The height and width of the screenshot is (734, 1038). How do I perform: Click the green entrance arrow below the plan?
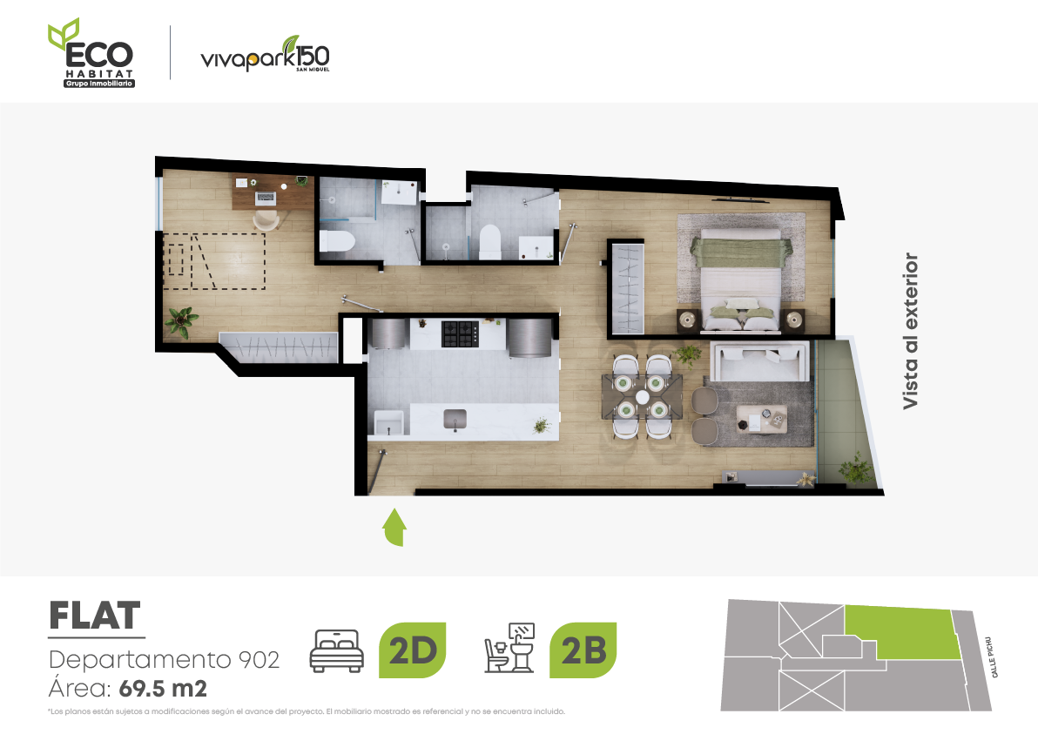(x=394, y=528)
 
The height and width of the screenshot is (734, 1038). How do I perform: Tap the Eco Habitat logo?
(x=91, y=53)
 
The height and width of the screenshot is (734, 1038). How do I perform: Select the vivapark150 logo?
(x=265, y=54)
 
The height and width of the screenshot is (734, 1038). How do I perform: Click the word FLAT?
(x=95, y=616)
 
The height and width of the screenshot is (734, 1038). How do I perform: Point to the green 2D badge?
(x=413, y=650)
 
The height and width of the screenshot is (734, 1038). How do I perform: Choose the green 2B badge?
(x=583, y=650)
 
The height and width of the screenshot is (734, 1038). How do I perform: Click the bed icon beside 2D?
(x=337, y=650)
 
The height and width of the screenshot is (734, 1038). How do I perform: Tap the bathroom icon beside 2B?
(x=509, y=648)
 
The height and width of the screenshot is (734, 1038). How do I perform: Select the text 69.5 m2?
(x=163, y=689)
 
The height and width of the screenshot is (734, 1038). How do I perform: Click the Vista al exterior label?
(x=911, y=330)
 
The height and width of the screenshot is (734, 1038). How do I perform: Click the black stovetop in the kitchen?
(x=460, y=333)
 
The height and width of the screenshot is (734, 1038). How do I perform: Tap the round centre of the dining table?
(x=642, y=397)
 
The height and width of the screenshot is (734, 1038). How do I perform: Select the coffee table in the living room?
(x=762, y=419)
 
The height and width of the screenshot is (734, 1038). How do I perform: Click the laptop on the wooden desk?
(x=266, y=197)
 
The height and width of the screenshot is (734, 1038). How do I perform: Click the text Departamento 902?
(x=165, y=660)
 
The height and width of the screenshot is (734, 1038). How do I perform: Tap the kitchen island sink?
(x=455, y=420)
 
